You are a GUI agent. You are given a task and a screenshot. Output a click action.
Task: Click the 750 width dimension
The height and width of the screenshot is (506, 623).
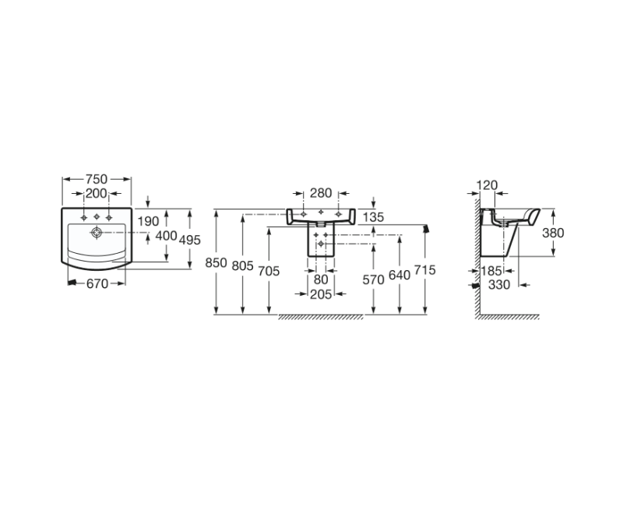coord(97,179)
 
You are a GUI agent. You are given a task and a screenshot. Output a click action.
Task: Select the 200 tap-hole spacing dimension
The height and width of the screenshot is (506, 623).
coord(97,193)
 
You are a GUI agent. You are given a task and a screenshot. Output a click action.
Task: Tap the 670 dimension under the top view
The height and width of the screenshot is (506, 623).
coord(97,283)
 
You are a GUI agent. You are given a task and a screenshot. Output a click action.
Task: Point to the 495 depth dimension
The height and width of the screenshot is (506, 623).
coord(190,240)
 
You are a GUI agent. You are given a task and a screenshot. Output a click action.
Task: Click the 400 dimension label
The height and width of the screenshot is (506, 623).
coord(166,236)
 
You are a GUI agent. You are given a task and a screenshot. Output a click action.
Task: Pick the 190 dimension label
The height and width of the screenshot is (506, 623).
coord(148,221)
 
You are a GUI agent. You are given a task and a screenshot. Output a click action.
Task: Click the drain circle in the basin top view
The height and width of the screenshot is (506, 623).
coord(97,232)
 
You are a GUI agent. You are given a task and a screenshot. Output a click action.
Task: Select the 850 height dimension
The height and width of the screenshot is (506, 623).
coord(216,263)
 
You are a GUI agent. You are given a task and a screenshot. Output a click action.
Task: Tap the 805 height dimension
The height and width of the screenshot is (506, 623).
coord(242,265)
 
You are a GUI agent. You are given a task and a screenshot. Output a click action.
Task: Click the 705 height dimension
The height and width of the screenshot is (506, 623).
coord(269,271)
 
